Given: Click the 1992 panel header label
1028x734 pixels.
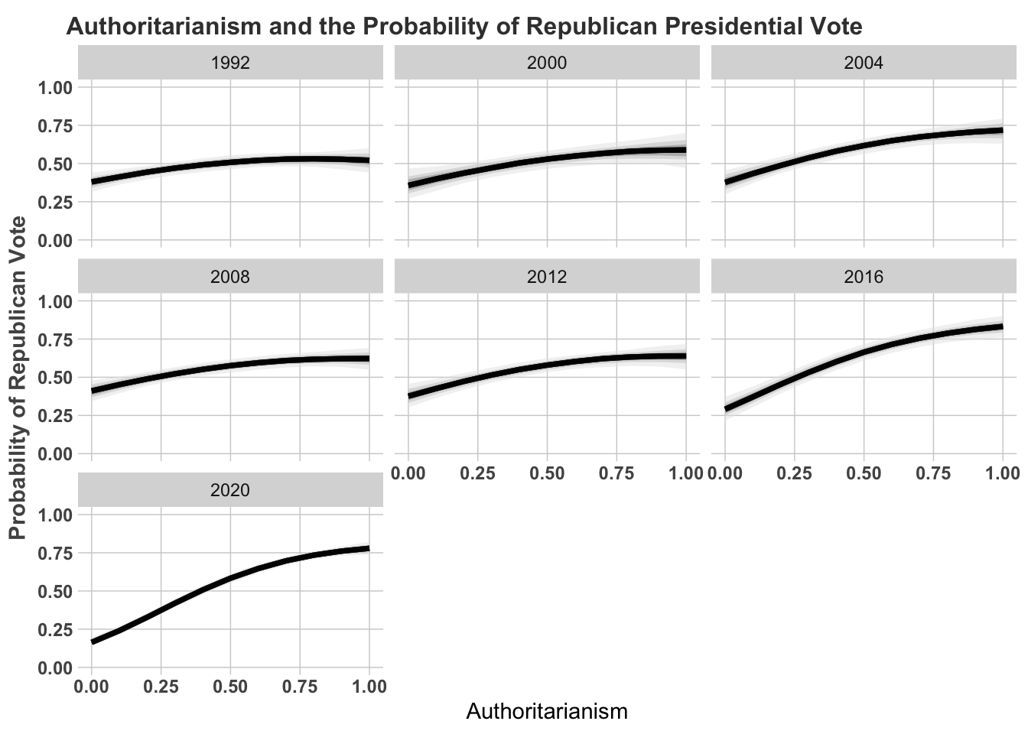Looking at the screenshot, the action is [230, 63].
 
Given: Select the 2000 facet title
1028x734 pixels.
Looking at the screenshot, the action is [547, 63].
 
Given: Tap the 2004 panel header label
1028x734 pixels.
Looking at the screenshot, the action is [864, 63].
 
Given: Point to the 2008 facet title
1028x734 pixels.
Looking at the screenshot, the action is [230, 277].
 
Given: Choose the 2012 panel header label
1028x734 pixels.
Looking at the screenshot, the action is [547, 277].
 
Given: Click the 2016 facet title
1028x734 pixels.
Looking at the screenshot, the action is [864, 277].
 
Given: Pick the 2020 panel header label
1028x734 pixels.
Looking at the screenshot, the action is [230, 490].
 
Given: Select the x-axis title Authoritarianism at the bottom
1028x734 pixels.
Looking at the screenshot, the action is [547, 712].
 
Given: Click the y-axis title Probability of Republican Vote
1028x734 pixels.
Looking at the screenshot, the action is [18, 377].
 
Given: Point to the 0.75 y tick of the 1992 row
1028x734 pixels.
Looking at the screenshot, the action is [55, 125].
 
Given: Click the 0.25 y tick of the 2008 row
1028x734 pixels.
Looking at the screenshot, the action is [55, 416].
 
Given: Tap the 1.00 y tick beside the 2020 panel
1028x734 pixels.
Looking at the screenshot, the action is [55, 515].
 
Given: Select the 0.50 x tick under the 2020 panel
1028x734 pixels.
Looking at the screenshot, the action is [230, 687].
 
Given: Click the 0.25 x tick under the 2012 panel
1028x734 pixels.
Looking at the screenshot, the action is [478, 473].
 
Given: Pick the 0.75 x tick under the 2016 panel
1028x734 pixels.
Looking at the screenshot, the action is [933, 473].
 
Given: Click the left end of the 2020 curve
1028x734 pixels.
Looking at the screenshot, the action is [93, 641].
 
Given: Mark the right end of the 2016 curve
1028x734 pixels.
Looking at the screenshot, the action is [1002, 326].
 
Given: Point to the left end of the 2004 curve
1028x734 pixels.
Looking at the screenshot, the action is [726, 182].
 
